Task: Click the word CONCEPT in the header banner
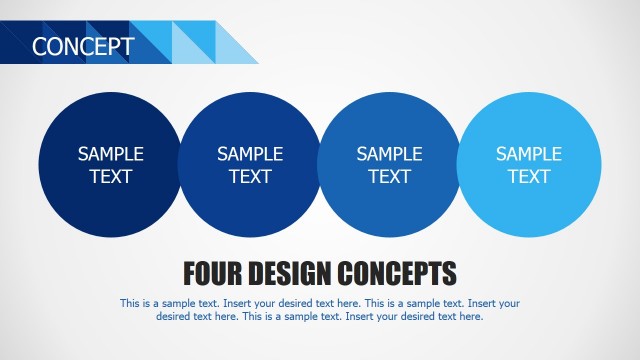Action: click(x=82, y=46)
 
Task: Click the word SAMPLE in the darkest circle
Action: click(x=111, y=154)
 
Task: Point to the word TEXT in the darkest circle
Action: click(x=111, y=177)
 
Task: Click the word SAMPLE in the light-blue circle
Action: click(x=529, y=154)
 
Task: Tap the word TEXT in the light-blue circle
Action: click(x=529, y=177)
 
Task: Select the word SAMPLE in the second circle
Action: click(x=250, y=154)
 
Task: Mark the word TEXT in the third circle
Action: click(x=389, y=177)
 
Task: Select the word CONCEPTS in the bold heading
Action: click(x=398, y=273)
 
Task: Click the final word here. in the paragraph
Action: click(x=470, y=316)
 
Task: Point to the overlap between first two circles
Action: click(x=180, y=165)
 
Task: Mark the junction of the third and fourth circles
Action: click(x=459, y=165)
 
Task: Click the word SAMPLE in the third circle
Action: click(x=389, y=154)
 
